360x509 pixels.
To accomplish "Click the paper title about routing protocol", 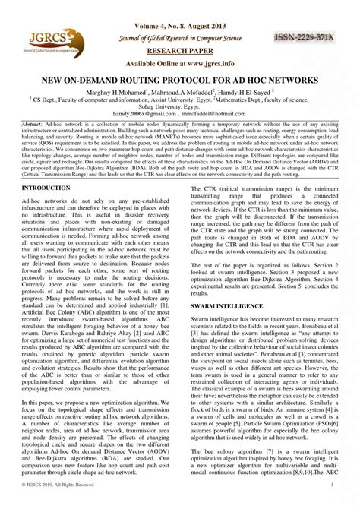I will pos(180,78).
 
